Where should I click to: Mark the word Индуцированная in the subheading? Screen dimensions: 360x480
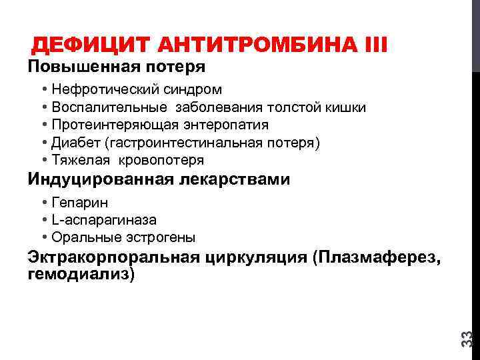point(100,180)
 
